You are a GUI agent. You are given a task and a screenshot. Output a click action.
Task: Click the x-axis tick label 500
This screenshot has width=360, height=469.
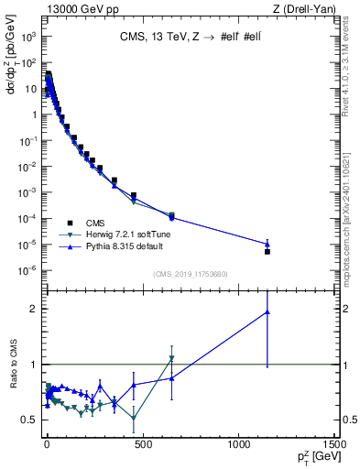coord(142,442)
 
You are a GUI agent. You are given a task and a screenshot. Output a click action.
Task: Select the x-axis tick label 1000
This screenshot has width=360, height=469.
coord(238,442)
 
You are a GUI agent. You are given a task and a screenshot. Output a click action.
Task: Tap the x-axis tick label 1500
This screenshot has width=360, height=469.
coord(334,442)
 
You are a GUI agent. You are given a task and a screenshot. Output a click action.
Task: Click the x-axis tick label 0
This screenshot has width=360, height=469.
coord(46,442)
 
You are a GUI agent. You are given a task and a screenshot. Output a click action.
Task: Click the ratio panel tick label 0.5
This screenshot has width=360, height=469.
coord(29,420)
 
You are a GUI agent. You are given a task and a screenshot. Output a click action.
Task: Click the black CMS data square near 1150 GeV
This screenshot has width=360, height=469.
coord(267,251)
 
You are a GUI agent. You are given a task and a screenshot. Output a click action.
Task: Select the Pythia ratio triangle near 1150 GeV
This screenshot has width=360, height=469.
coord(267,311)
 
